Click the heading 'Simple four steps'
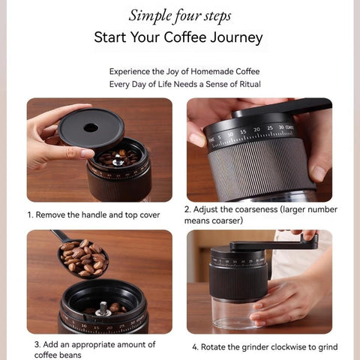tap(180, 16)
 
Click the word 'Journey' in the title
tap(237, 37)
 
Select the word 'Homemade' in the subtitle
tap(197, 71)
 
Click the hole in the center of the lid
tap(91, 127)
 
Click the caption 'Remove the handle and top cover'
tap(94, 214)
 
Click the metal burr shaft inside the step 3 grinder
tap(103, 307)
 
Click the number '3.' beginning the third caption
tap(37, 344)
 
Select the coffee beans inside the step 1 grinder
tap(120, 158)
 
